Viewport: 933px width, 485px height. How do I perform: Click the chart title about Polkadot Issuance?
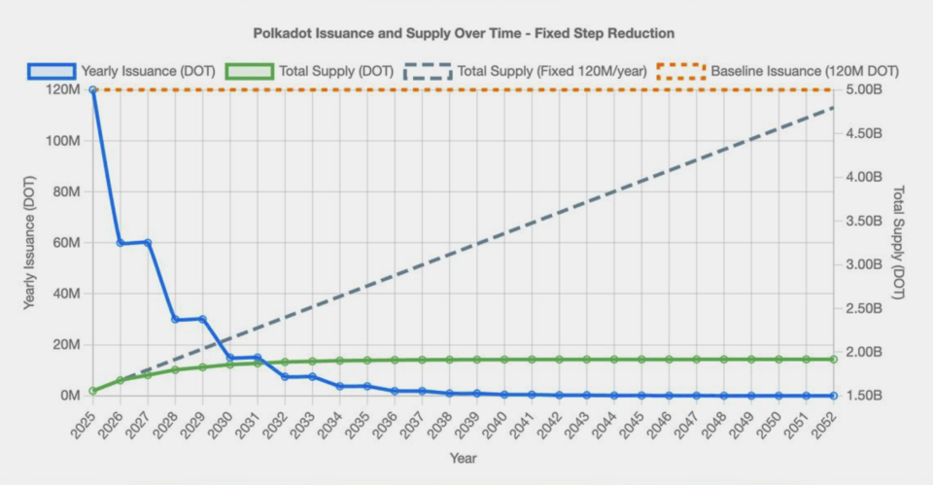click(464, 33)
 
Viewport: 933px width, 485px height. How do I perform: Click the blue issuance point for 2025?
click(92, 89)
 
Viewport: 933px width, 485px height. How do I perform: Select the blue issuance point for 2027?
click(148, 242)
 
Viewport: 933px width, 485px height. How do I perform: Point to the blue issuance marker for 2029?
click(203, 319)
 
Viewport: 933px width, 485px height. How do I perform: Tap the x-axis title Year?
click(464, 457)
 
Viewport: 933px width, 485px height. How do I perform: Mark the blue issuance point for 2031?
click(258, 357)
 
